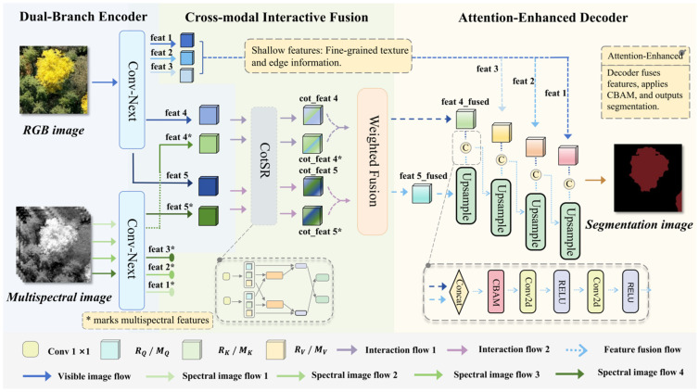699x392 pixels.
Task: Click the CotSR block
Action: (264, 166)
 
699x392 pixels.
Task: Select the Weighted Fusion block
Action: (373, 161)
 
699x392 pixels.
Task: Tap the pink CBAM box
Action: (496, 291)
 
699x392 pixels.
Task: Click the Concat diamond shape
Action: (459, 291)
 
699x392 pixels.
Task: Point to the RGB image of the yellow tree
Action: (54, 80)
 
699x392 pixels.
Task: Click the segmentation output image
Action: (648, 178)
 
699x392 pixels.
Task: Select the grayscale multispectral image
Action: (54, 244)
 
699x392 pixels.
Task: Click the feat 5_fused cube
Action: (421, 194)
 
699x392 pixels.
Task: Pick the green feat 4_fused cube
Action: (466, 119)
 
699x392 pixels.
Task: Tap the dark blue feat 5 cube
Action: (209, 185)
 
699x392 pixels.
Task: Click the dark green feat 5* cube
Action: (209, 216)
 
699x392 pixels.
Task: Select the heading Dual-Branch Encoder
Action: (83, 17)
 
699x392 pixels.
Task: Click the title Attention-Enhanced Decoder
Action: (543, 18)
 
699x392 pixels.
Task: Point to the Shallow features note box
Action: (328, 57)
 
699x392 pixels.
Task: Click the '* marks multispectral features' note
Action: (147, 321)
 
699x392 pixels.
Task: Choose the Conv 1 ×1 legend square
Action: (31, 349)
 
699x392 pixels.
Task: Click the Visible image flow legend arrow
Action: (37, 376)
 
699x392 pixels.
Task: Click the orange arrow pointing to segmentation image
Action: (595, 180)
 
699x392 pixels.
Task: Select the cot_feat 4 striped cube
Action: (312, 115)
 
